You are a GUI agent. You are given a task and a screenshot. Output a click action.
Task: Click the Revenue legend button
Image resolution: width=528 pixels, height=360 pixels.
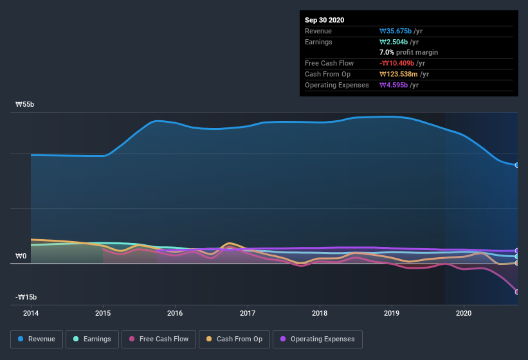point(37,339)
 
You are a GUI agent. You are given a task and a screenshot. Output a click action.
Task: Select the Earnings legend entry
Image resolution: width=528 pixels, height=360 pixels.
point(92,339)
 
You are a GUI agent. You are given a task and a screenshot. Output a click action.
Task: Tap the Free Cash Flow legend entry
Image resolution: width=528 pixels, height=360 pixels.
point(159,339)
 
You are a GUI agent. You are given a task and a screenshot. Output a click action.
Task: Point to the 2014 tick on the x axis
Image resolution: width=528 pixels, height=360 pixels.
point(30,313)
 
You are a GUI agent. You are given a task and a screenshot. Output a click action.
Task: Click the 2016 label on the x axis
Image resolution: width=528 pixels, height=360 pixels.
point(175,313)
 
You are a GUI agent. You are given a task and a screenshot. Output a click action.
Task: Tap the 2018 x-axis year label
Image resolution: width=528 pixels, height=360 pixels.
point(320,313)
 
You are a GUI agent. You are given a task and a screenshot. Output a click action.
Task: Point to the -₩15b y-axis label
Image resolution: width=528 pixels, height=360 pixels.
point(26,297)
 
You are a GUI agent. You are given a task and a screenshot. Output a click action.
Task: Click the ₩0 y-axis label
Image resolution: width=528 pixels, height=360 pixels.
point(21,256)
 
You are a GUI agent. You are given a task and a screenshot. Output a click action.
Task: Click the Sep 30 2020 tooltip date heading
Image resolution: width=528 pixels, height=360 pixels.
point(324,20)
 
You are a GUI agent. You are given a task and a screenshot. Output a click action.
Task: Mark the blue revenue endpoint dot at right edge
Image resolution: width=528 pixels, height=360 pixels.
point(517,165)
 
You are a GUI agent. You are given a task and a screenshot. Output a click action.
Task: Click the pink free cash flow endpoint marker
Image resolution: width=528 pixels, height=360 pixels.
point(517,292)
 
